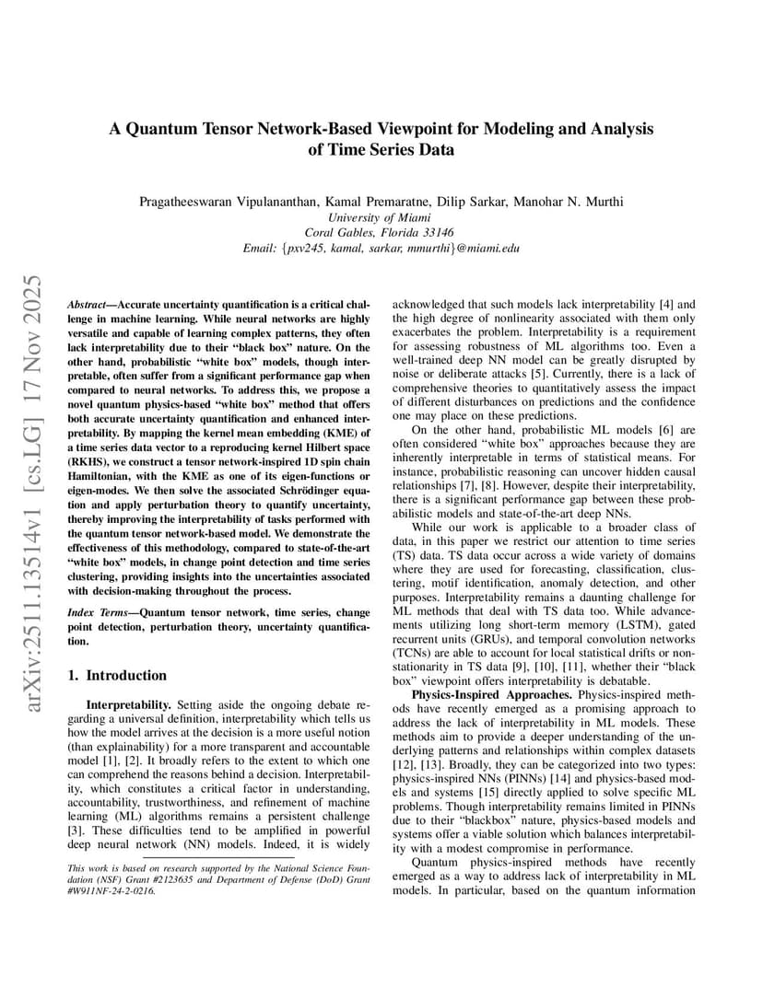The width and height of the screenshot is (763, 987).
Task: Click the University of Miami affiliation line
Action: coord(381,217)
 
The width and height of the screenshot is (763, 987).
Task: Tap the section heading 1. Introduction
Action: coord(118,675)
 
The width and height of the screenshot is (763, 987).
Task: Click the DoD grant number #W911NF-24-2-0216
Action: coord(112,891)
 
